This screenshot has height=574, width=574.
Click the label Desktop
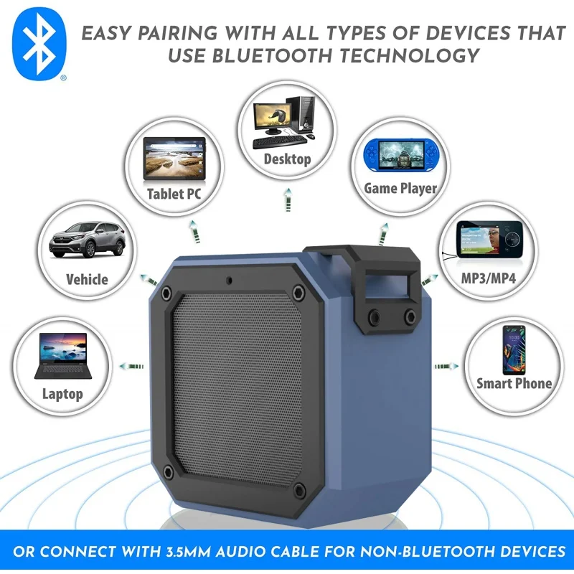click(287, 159)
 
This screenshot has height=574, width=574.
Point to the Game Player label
click(400, 189)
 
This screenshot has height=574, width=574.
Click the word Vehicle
click(87, 279)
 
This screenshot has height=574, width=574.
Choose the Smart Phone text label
click(514, 383)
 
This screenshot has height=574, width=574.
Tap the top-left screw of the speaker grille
click(166, 293)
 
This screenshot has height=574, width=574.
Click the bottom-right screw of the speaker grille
click(298, 490)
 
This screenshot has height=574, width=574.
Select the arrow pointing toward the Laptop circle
click(131, 365)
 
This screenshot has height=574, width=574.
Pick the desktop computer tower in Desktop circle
click(305, 114)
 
